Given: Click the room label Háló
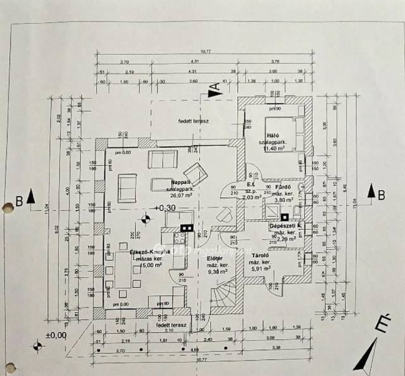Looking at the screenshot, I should (273, 135).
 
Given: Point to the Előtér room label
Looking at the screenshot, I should (215, 258).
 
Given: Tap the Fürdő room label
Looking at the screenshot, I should (283, 187).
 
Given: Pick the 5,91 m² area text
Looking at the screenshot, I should (260, 269).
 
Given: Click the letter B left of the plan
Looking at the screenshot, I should (20, 202).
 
